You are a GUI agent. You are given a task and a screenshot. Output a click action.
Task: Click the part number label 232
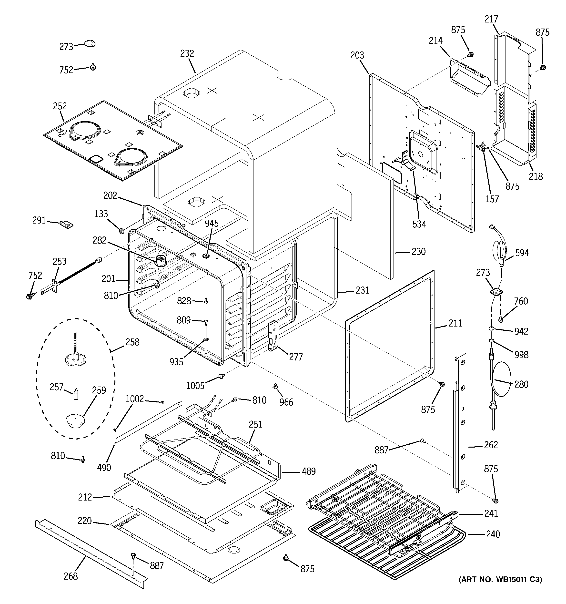[187, 53]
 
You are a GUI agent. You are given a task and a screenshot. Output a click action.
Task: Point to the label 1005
[195, 386]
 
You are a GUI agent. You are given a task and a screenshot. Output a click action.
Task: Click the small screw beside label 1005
[222, 377]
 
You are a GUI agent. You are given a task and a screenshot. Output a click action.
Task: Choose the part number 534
[419, 224]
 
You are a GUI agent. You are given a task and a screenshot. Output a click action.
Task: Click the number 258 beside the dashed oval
[132, 342]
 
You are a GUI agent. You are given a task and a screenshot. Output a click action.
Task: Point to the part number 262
[491, 445]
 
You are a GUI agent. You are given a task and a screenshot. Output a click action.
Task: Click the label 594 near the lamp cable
[522, 253]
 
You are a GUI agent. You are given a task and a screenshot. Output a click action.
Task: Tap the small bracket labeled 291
[67, 225]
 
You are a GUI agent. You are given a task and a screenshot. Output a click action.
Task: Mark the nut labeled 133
[121, 231]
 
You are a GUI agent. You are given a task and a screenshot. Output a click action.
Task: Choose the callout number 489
[309, 471]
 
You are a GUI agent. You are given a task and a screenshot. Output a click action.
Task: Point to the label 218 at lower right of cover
[536, 176]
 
